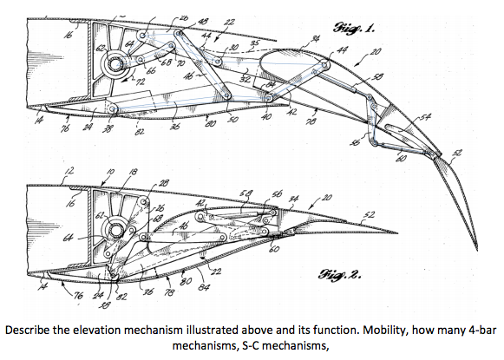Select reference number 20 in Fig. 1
click(x=376, y=52)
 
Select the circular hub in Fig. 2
click(x=115, y=230)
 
